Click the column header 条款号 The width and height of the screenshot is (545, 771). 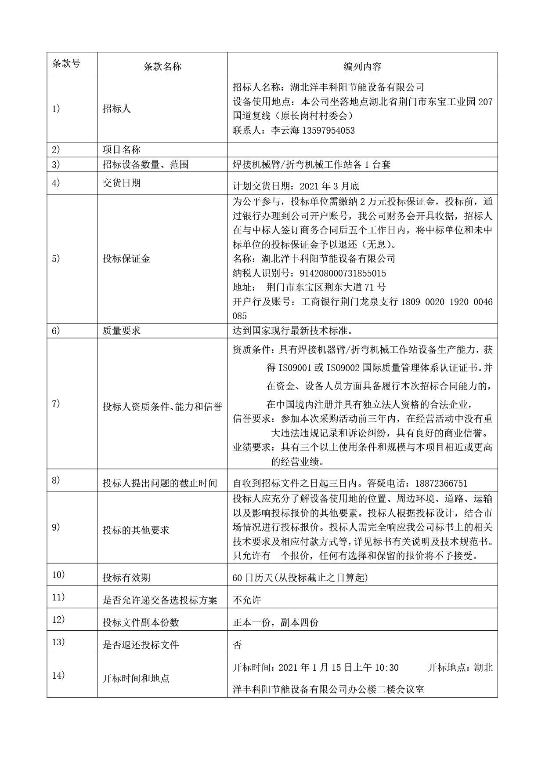pyautogui.click(x=66, y=63)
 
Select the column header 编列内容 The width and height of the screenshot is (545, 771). pyautogui.click(x=362, y=66)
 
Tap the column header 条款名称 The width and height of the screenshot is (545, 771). pyautogui.click(x=162, y=66)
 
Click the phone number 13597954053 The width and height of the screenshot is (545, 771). pyautogui.click(x=328, y=131)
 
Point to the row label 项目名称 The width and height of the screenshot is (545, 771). pyautogui.click(x=121, y=149)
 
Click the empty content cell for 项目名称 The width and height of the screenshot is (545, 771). pyautogui.click(x=362, y=149)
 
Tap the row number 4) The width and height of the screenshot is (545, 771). pyautogui.click(x=56, y=183)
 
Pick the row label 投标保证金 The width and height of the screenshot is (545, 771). pyautogui.click(x=126, y=258)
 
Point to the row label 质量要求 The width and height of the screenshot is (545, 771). pyautogui.click(x=121, y=331)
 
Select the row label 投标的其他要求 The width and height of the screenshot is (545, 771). pyautogui.click(x=136, y=530)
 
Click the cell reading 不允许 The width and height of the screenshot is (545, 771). pyautogui.click(x=247, y=600)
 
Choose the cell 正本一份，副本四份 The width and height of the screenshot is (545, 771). pyautogui.click(x=275, y=622)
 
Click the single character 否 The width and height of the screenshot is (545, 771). pyautogui.click(x=237, y=645)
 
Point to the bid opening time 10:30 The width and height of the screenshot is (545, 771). pyautogui.click(x=386, y=668)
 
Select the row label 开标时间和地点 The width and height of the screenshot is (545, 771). pyautogui.click(x=136, y=678)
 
